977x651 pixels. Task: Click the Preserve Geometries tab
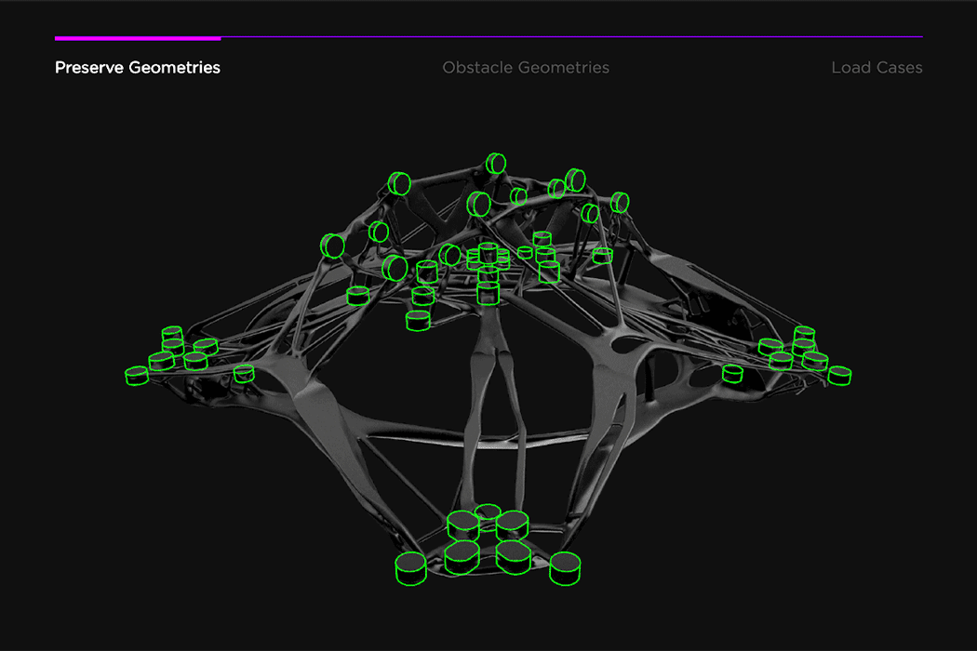[x=138, y=68]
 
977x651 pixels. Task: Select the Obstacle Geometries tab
[x=526, y=68]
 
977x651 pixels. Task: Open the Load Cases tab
[x=877, y=68]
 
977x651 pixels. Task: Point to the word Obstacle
[x=477, y=68]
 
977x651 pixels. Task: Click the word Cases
[x=898, y=68]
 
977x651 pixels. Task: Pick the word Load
[x=850, y=68]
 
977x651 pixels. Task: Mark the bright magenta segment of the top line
[x=138, y=38]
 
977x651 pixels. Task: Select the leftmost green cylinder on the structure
[x=137, y=376]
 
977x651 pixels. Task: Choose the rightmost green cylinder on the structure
[x=839, y=376]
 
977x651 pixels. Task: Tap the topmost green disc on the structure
[x=497, y=164]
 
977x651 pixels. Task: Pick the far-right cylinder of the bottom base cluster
[x=565, y=567]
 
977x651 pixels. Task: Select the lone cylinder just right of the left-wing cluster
[x=244, y=374]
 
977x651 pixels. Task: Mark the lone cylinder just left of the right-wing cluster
[x=733, y=374]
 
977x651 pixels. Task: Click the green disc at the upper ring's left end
[x=332, y=246]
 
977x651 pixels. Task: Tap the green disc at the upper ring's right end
[x=621, y=202]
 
